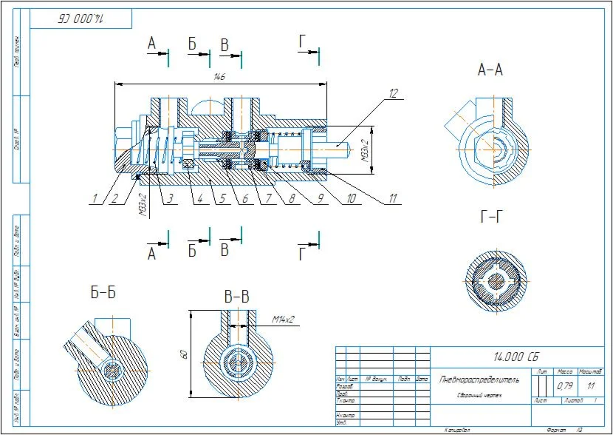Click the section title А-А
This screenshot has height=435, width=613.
pos(490,70)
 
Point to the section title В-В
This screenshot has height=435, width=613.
pos(237,297)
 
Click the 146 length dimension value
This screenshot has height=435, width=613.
pos(219,76)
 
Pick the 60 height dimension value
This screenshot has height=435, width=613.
pos(185,355)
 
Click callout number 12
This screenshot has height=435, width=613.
pos(394,93)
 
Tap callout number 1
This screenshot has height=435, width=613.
pos(95,198)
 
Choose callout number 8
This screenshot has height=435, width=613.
pos(292,198)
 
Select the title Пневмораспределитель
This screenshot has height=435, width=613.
pos(479,380)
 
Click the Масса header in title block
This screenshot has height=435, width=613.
pos(565,371)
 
